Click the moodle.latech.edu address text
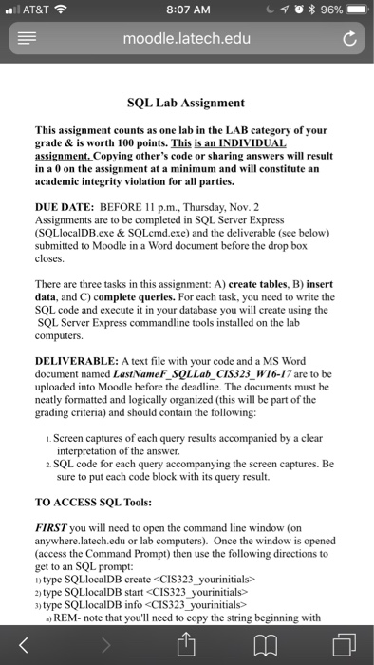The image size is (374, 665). [x=186, y=41]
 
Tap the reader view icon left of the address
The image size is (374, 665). [x=25, y=41]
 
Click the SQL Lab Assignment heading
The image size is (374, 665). [x=186, y=102]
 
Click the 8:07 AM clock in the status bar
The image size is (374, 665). [x=186, y=10]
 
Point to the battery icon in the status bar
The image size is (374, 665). [x=352, y=10]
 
